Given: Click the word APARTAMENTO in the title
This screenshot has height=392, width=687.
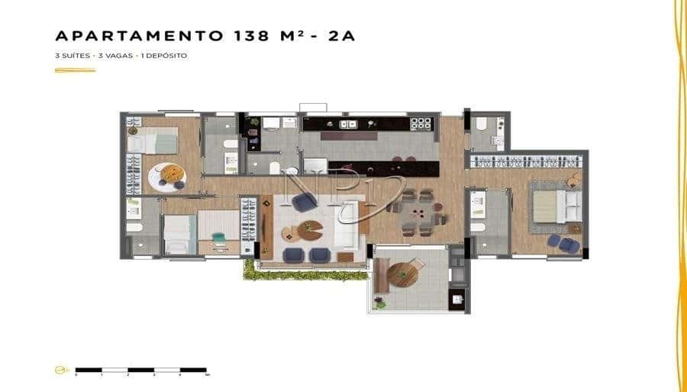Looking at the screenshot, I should point(137,36).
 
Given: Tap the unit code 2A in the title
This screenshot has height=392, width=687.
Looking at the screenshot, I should point(341,36).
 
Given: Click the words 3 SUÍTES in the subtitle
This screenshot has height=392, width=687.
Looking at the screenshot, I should point(71,56).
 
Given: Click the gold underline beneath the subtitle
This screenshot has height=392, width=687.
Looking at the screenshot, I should point(75,70).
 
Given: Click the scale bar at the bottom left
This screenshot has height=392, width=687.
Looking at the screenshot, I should point(141,370).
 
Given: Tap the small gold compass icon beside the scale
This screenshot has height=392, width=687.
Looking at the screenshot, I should point(60,370).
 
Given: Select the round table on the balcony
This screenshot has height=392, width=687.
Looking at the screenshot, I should point(404,273).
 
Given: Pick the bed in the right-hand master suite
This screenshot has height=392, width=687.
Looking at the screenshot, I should point(554,206).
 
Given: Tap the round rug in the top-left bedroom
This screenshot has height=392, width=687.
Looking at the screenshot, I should point(166,178).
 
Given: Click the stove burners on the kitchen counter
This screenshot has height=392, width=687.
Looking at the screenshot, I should point(421,123).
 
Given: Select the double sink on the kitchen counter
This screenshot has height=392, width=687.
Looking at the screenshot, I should point(348,124).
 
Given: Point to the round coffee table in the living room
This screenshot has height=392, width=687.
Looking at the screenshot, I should point(311,228).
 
